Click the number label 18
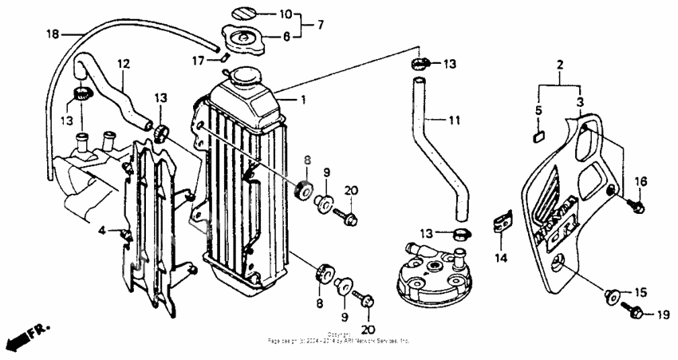[x=53, y=34]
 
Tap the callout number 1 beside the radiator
[x=302, y=100]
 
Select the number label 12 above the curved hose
[x=124, y=63]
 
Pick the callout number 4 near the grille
[x=102, y=231]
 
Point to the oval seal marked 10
[x=245, y=13]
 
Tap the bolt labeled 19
[x=637, y=313]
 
